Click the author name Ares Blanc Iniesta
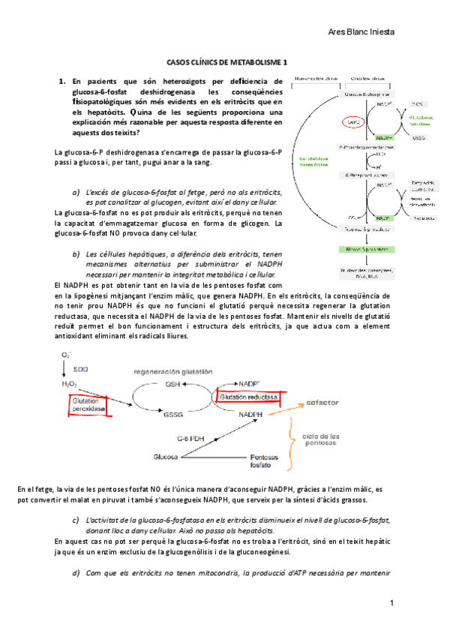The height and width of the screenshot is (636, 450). click(x=362, y=32)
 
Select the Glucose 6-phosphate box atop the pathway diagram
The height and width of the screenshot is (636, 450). click(x=367, y=94)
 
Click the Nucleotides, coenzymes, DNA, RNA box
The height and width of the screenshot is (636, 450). click(x=366, y=272)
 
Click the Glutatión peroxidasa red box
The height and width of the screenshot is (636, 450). click(x=86, y=405)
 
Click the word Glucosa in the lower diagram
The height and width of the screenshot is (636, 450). click(x=166, y=456)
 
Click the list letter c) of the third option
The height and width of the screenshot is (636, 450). click(x=76, y=520)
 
